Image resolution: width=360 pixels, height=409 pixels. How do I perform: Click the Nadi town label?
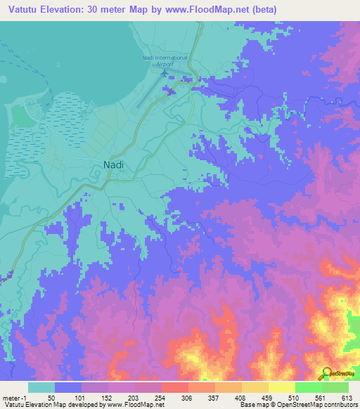105,164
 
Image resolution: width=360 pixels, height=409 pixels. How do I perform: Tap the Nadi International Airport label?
165,59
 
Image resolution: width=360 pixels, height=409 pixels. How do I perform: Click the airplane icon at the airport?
165,72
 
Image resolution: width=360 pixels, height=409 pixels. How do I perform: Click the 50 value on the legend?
51,397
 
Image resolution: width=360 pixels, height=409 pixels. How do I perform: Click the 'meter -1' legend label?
15,397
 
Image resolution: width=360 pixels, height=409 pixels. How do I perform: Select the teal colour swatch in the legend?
41,387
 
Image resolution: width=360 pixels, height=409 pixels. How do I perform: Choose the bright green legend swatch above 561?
308,387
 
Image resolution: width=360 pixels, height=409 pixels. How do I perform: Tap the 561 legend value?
321,397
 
